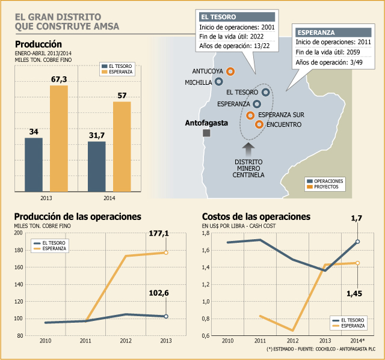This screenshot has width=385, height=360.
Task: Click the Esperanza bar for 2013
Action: [59, 138]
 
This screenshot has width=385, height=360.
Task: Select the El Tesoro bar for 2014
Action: [97, 166]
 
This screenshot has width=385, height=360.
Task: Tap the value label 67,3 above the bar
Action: [59, 79]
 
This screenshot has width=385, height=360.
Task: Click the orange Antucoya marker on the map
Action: [230, 72]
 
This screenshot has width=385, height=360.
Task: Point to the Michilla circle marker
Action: [218, 81]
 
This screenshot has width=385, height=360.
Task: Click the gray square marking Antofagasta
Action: [206, 133]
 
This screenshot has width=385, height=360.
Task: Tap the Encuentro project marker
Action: [259, 124]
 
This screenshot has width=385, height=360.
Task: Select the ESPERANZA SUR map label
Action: [281, 115]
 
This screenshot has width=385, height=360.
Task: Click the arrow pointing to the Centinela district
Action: [248, 149]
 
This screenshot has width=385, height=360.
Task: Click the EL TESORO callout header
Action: [237, 17]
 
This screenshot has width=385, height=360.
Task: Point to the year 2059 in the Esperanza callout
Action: [353, 52]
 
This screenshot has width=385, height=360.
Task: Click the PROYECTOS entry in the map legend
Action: [326, 187]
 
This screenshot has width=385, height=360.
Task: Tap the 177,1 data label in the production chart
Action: [159, 233]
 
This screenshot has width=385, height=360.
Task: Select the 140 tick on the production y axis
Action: [19, 284]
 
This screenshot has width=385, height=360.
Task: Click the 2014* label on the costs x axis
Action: [357, 341]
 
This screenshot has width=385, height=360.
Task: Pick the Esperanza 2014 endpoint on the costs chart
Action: [357, 263]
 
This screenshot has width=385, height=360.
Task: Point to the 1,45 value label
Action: [354, 293]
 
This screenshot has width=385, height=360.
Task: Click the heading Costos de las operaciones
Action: [256, 217]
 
